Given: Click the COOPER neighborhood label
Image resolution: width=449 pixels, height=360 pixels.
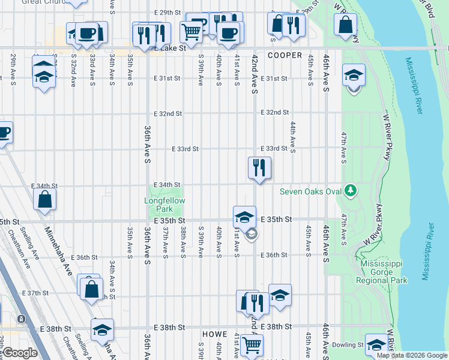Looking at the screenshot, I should (x=285, y=55).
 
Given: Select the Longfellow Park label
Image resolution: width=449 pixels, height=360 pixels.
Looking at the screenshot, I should (x=164, y=205).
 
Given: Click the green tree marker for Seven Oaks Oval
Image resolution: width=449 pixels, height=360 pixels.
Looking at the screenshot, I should (x=351, y=191).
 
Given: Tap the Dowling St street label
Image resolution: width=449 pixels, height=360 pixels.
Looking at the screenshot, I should (x=350, y=345).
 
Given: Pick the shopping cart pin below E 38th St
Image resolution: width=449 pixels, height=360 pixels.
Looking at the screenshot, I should (x=252, y=345).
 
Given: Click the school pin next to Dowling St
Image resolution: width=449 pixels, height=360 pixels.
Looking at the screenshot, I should (x=376, y=344).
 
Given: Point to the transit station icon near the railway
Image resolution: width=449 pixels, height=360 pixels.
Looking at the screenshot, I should (x=22, y=319).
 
